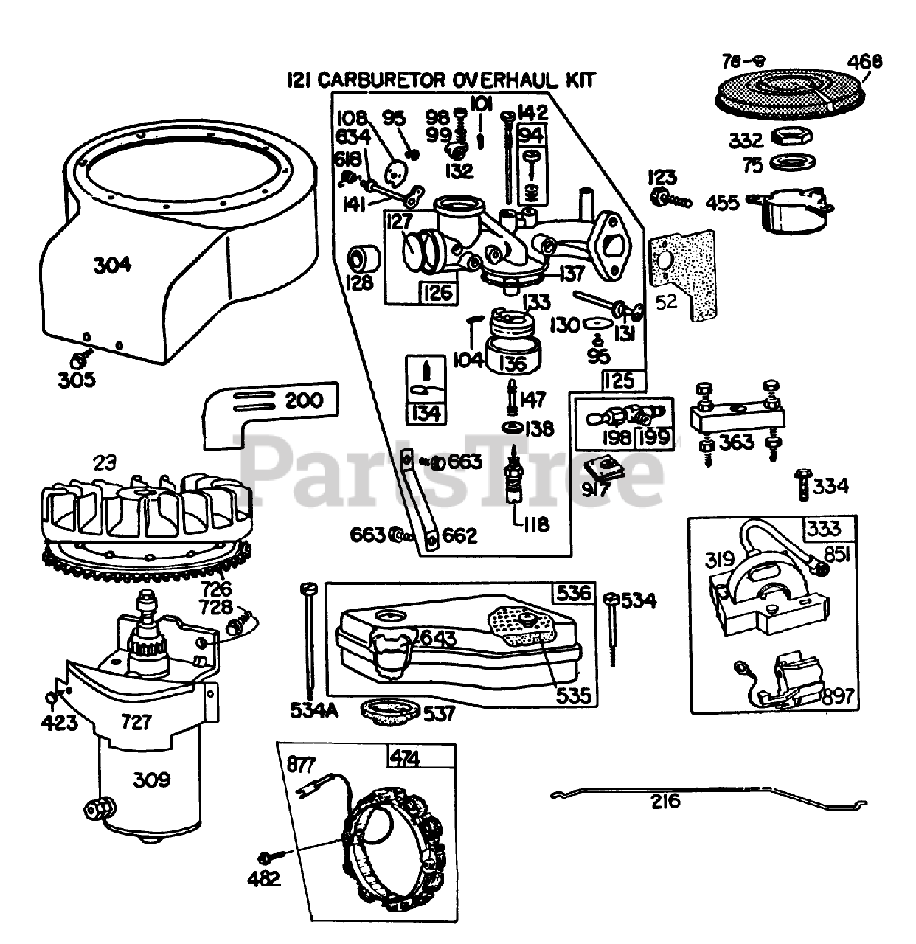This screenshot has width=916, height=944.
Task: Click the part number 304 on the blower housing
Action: [112, 265]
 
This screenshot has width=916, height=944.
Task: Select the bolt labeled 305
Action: [78, 361]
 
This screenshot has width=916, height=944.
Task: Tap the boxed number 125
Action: [619, 381]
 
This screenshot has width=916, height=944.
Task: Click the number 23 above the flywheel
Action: [105, 463]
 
